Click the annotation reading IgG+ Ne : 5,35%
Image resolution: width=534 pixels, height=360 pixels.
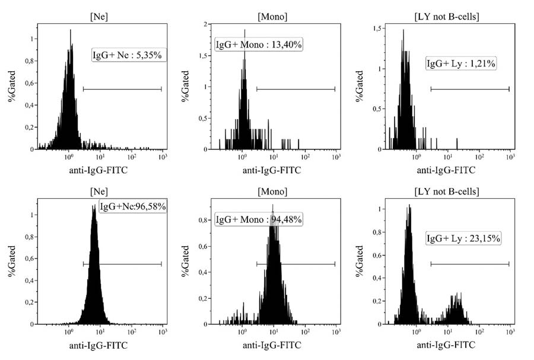point(127,55)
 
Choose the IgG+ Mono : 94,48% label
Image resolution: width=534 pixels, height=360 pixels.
point(259,219)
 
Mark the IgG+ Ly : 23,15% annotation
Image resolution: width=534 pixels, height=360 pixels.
point(463,238)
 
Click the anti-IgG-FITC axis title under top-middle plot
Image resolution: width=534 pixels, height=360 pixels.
point(274,170)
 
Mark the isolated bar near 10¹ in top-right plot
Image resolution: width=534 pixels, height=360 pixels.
point(457,142)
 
